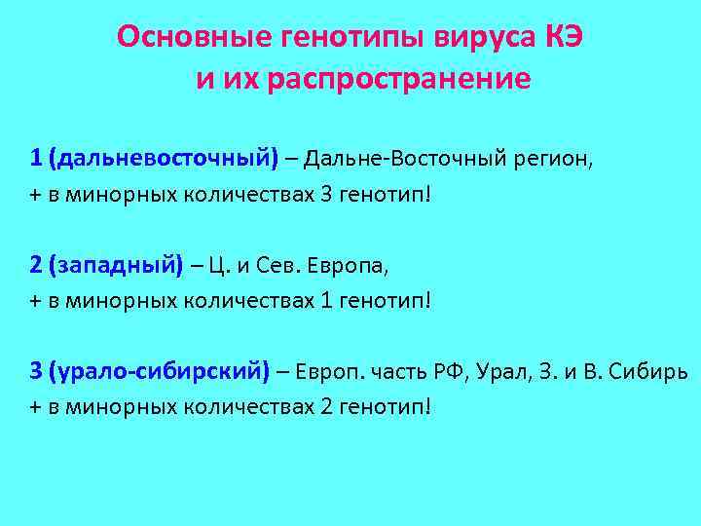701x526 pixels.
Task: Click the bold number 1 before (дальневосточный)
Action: coord(35,158)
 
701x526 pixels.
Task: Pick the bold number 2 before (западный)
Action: coord(35,264)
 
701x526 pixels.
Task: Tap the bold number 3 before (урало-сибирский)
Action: coord(35,370)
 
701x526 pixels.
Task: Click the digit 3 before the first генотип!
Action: coord(326,194)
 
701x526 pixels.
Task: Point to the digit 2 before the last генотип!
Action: coord(326,405)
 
